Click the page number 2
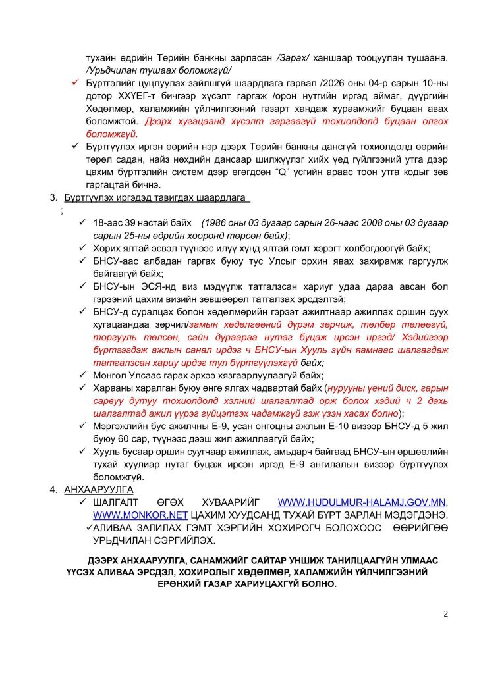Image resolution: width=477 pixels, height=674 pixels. click(445, 614)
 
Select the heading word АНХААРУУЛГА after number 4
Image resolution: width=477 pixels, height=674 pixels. click(99, 490)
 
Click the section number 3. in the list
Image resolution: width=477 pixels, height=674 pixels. click(53, 197)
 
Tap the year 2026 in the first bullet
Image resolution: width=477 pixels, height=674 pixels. click(348, 84)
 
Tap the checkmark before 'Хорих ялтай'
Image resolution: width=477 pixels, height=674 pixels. click(83, 249)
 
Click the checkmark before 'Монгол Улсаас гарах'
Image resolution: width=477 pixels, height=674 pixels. click(83, 375)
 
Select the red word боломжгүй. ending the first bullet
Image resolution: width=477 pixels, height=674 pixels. click(109, 135)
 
